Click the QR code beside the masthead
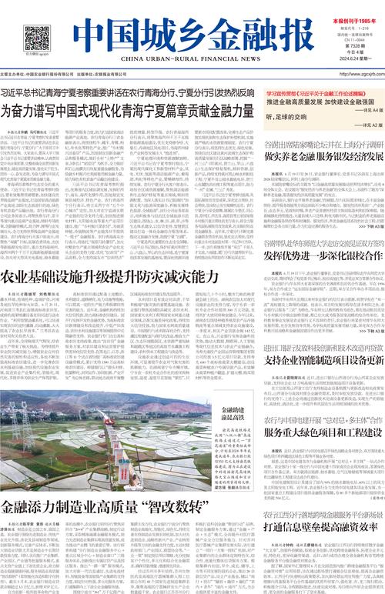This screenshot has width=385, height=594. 31,38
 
